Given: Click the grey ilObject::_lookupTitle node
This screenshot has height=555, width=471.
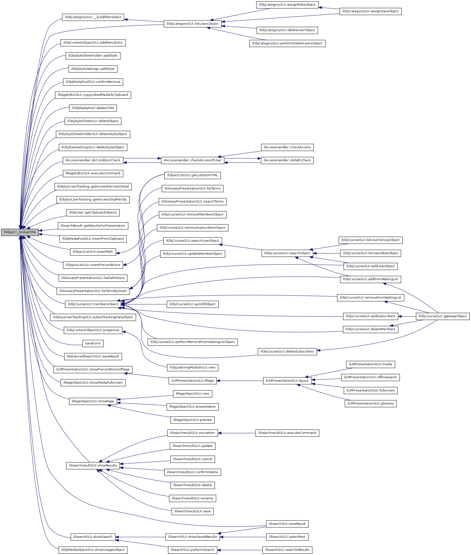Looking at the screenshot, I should [20, 232].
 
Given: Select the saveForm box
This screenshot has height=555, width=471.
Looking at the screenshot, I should [93, 343].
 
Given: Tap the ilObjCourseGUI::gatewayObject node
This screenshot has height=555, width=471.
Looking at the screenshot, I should [442, 316].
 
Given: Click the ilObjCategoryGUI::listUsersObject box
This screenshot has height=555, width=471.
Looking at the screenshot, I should [192, 24].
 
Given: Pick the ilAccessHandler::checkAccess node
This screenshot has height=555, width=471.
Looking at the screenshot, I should [287, 147].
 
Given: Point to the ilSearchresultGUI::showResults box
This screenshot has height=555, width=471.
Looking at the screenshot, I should [93, 465].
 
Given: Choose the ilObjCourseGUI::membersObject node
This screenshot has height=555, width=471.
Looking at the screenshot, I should [93, 304].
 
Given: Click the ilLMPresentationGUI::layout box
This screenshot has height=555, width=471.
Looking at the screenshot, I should [287, 380].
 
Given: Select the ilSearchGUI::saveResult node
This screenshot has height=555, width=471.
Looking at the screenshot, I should [287, 524].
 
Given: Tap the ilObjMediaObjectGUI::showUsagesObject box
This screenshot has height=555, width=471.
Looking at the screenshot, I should [93, 550].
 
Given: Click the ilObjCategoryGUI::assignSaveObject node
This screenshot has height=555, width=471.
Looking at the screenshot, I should [370, 11].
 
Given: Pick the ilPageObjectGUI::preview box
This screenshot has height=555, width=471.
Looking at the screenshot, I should [193, 420].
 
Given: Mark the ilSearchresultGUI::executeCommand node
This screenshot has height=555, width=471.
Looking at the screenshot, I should [287, 433].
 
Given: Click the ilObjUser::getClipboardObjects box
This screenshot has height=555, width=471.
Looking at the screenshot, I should [93, 213].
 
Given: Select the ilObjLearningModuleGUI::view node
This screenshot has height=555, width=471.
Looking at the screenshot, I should [193, 367].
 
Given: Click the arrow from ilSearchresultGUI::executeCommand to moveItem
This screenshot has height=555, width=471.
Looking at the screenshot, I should [237, 433].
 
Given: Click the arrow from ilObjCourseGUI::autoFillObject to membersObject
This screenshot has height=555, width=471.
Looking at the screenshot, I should [144, 304].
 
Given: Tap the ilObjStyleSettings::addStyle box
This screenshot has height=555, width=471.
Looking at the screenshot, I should [93, 69].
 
